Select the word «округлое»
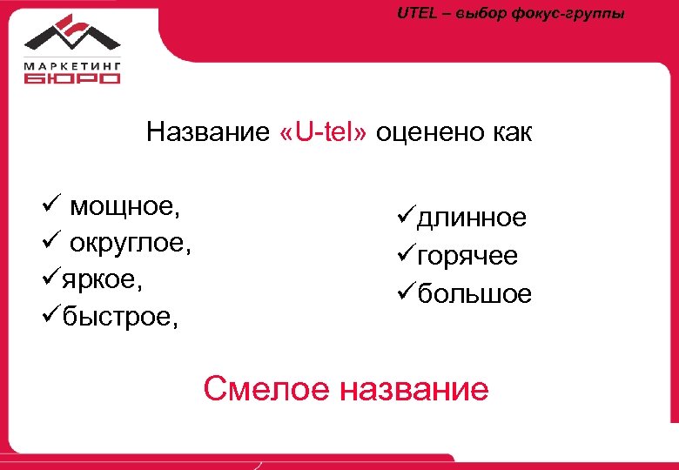[131, 245]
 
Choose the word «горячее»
[467, 257]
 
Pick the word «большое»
[474, 294]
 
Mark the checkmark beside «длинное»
[406, 217]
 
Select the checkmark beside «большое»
[406, 293]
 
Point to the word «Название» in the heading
[209, 133]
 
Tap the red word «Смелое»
[266, 388]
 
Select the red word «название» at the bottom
[414, 389]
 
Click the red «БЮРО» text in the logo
[72, 77]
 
